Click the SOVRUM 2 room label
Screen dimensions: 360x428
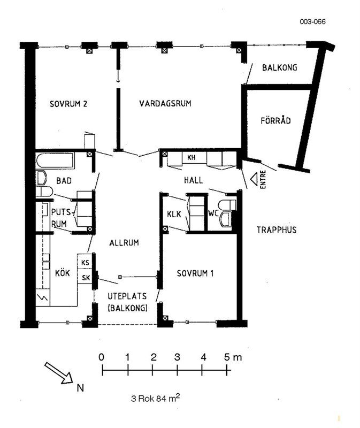click(x=68, y=104)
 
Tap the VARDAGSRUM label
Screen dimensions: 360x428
click(x=165, y=103)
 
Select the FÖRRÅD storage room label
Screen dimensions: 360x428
click(x=275, y=120)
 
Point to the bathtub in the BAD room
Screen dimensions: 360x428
click(x=55, y=160)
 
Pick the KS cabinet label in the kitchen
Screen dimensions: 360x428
click(x=86, y=263)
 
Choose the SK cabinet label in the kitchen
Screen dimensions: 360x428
click(x=86, y=278)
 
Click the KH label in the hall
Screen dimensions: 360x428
click(x=192, y=157)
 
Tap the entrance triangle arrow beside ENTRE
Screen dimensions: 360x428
click(x=254, y=179)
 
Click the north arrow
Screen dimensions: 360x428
click(x=58, y=373)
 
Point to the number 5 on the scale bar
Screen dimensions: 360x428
click(x=227, y=357)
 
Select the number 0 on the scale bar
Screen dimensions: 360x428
click(x=101, y=357)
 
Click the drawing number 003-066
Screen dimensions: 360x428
click(x=313, y=21)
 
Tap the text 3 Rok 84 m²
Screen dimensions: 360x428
click(x=155, y=398)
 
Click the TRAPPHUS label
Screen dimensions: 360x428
click(x=277, y=230)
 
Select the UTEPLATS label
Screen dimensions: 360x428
click(x=127, y=296)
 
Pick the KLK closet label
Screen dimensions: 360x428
click(x=174, y=214)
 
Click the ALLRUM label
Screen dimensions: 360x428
click(x=124, y=243)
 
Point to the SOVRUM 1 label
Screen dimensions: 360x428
click(x=195, y=273)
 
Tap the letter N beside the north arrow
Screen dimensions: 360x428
click(x=80, y=388)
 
